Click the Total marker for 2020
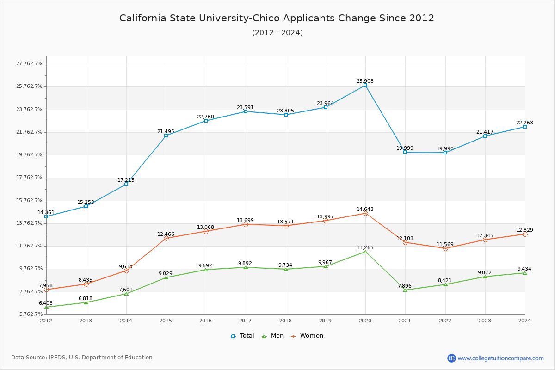coord(365,85)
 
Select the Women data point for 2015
coord(166,238)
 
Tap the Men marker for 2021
coord(405,290)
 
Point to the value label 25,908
coord(365,81)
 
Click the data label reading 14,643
coord(365,209)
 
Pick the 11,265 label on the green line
coord(365,247)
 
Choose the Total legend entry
coord(243,336)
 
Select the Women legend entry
coord(307,336)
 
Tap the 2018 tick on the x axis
coord(285,320)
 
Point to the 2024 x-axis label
coord(524,320)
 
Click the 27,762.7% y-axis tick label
coord(29,63)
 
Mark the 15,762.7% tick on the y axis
coord(29,200)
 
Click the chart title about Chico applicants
coord(277,18)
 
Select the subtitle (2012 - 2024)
coord(277,32)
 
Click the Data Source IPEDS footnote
coord(82,358)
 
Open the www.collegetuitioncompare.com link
coord(500,358)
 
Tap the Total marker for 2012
coord(46,216)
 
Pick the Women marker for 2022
coord(445,248)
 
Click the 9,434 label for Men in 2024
coord(524,269)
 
